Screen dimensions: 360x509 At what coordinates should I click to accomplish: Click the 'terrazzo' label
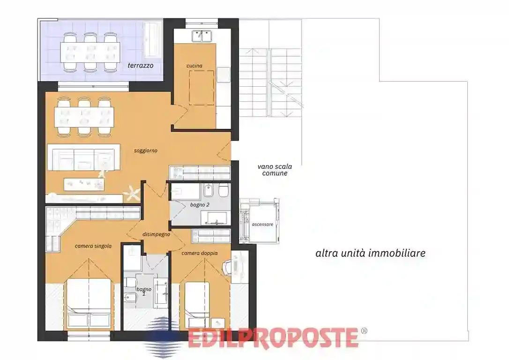[x=140, y=66]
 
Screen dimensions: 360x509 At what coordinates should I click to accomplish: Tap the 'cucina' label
[x=194, y=66]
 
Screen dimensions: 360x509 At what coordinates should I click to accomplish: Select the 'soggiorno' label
[x=145, y=150]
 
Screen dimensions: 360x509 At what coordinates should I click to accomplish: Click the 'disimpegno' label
[x=156, y=234]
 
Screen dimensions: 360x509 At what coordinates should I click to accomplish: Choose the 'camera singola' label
[x=93, y=246]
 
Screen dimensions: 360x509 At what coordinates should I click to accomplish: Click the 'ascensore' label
[x=262, y=225]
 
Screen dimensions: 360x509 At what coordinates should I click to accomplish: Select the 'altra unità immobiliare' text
[x=370, y=254]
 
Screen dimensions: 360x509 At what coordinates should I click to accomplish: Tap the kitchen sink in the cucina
[x=202, y=35]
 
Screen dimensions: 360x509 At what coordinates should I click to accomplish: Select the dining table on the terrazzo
[x=90, y=51]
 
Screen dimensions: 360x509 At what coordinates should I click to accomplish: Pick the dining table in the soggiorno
[x=84, y=116]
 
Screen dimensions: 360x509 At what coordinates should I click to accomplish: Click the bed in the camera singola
[x=89, y=303]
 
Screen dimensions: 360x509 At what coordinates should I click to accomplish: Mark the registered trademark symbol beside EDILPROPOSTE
[x=364, y=331]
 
